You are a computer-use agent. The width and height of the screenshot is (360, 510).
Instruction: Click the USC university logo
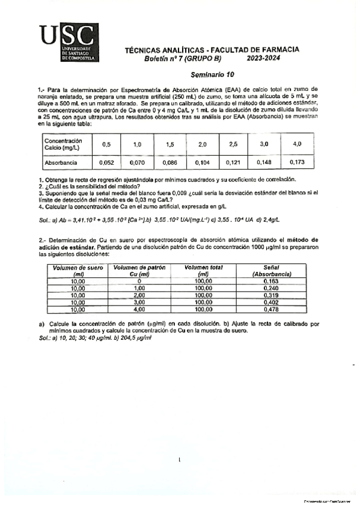(x=68, y=44)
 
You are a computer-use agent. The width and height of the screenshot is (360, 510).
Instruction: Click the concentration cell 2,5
(x=233, y=144)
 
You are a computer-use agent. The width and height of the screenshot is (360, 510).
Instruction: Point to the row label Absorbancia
(x=61, y=162)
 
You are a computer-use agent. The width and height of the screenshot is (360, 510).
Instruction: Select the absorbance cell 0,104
(x=201, y=162)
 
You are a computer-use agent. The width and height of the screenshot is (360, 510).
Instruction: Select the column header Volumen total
(x=202, y=271)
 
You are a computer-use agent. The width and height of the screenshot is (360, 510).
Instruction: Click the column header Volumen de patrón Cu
(x=138, y=271)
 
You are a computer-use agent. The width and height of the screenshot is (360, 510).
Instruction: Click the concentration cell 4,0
(x=297, y=144)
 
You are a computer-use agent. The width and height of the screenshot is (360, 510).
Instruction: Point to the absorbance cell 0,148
(x=265, y=162)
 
